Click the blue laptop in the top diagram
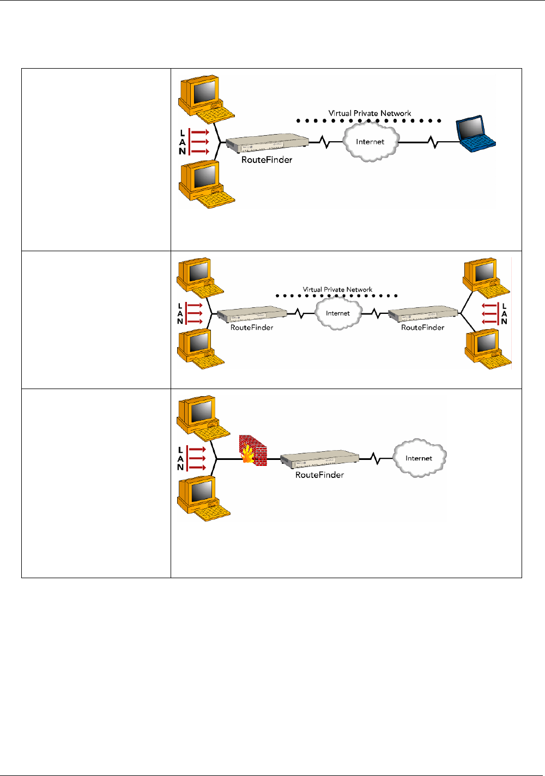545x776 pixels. point(475,134)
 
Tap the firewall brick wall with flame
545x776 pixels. point(253,451)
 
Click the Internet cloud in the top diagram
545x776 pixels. point(370,142)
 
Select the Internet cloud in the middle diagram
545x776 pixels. point(338,313)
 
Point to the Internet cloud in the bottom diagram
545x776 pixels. point(419,458)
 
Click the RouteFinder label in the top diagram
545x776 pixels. point(267,160)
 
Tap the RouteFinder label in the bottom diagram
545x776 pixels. point(319,475)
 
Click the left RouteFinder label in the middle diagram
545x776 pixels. point(252,328)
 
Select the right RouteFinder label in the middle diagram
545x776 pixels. point(422,328)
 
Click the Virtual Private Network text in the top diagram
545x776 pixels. point(370,113)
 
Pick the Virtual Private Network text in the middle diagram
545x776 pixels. point(337,289)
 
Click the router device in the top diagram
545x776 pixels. point(267,143)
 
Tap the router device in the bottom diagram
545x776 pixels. point(320,460)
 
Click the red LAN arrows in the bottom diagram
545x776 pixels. point(197,458)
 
